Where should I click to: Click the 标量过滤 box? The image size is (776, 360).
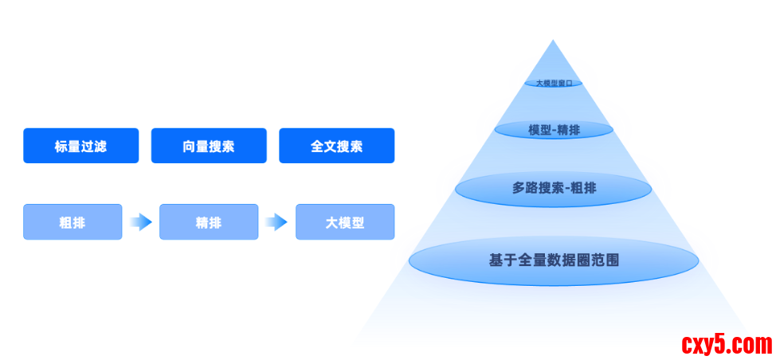click(80, 146)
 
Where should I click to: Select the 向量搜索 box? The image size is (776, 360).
click(209, 146)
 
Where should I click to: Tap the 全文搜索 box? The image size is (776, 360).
click(336, 146)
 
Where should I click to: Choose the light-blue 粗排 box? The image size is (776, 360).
click(73, 222)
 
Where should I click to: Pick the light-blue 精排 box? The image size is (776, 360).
click(209, 222)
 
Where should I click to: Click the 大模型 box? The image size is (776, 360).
click(344, 222)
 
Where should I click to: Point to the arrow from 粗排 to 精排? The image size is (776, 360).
click(141, 222)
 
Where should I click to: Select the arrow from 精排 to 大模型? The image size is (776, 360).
click(276, 222)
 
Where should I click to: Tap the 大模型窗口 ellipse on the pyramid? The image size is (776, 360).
click(554, 82)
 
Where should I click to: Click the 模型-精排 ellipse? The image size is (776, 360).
click(554, 130)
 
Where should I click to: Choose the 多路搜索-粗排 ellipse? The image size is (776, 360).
click(554, 189)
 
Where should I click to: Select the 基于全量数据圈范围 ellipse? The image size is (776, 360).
click(554, 260)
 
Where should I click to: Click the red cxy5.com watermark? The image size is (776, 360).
click(727, 345)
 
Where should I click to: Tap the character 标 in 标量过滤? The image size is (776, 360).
click(61, 147)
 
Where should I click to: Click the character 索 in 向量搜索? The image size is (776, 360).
click(228, 147)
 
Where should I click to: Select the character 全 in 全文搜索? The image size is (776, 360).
click(317, 147)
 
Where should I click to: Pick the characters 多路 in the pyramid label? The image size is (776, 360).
click(525, 189)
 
